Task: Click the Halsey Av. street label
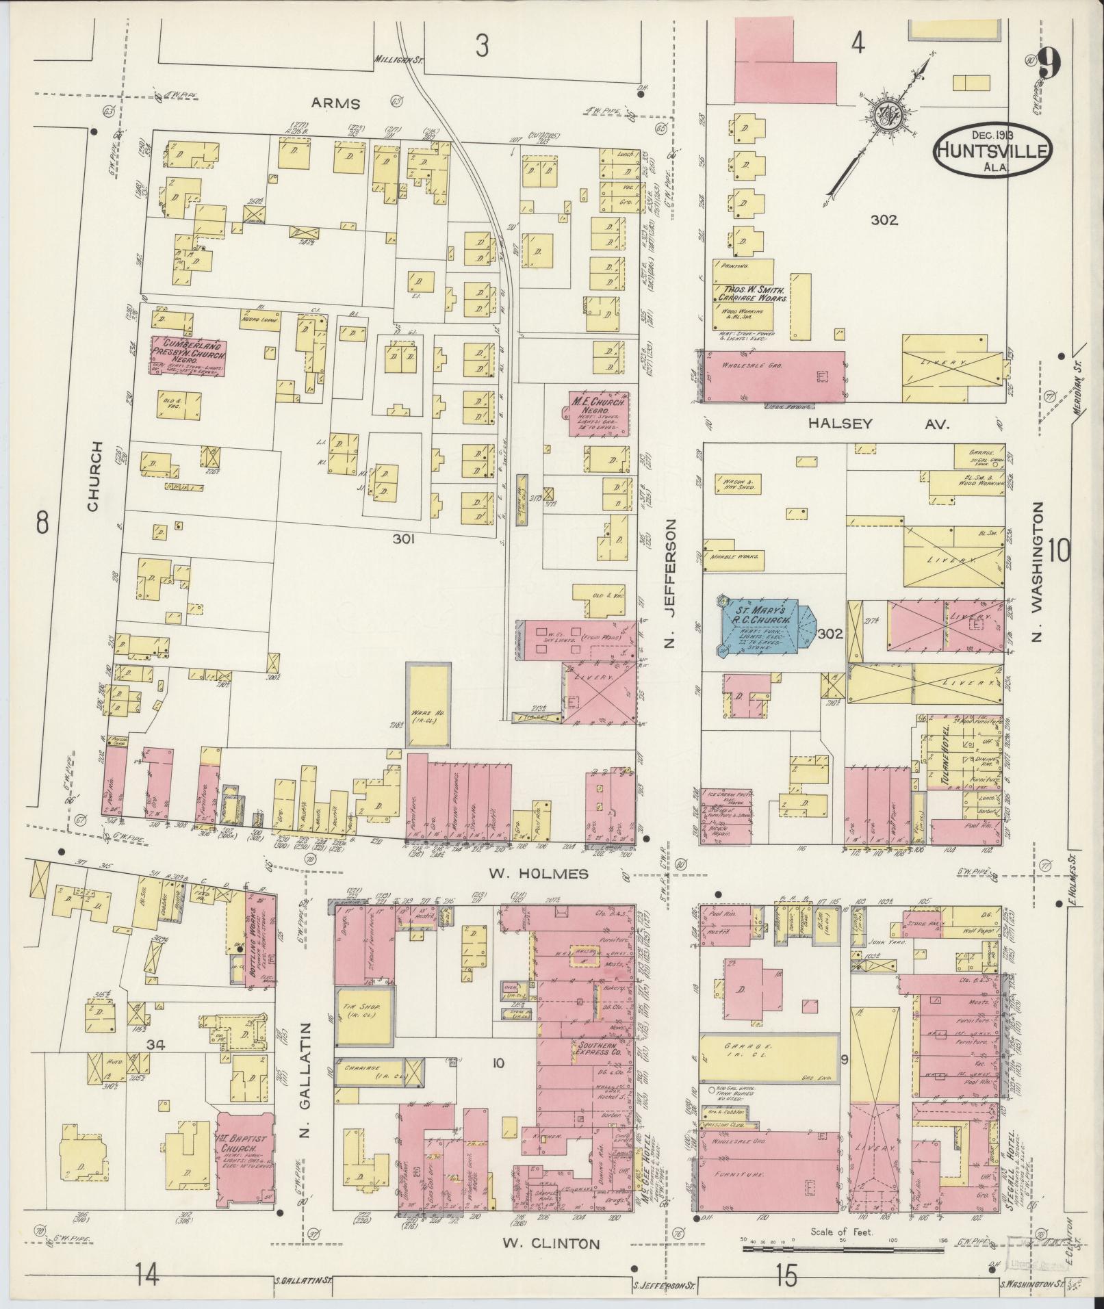(x=879, y=424)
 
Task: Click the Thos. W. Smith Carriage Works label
(x=754, y=294)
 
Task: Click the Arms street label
(x=335, y=103)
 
